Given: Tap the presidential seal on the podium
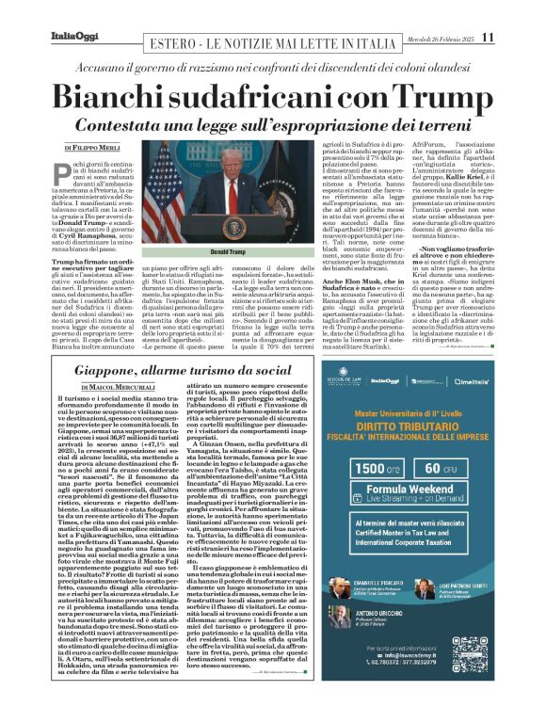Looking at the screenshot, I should [233, 226].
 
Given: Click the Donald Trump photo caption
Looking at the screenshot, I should [233, 253].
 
